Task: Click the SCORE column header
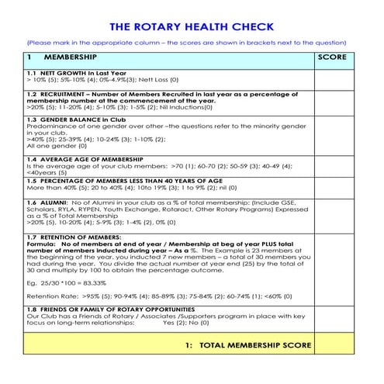click(331, 57)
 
